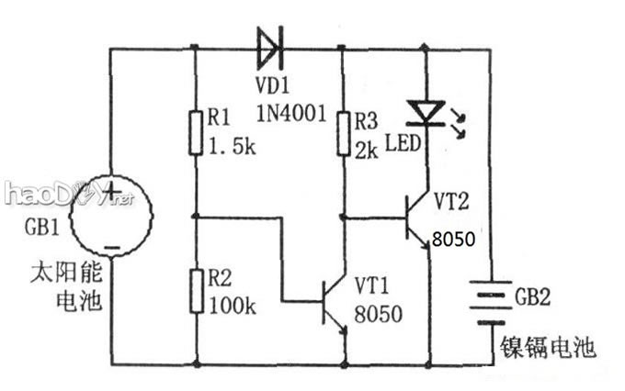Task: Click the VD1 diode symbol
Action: click(x=269, y=47)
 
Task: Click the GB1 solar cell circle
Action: click(x=110, y=220)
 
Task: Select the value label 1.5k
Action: click(x=232, y=145)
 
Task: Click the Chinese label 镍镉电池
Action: click(x=548, y=348)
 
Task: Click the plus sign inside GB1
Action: click(x=110, y=193)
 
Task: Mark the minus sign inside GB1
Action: click(x=110, y=246)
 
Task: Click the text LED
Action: click(x=402, y=144)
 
